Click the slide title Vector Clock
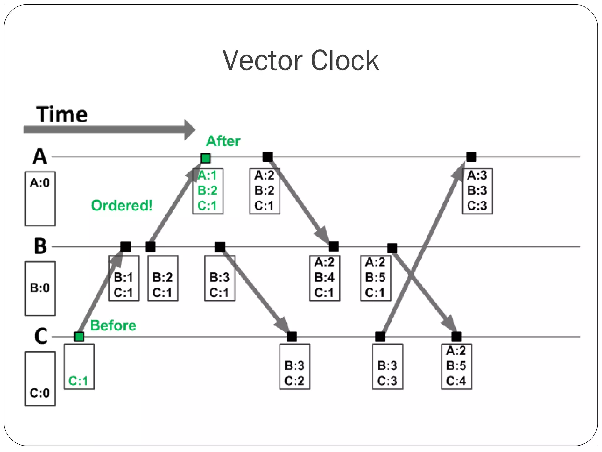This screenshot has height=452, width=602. tap(300, 61)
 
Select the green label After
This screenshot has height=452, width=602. tap(223, 141)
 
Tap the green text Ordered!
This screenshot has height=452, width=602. tap(122, 205)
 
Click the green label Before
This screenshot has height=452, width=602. tap(113, 325)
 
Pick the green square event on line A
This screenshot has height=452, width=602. tap(205, 158)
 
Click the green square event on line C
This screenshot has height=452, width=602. tap(79, 336)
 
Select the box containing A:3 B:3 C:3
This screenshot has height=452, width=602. tap(477, 191)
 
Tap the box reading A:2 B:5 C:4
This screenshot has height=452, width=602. tap(456, 366)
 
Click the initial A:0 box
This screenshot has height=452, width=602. tap(40, 198)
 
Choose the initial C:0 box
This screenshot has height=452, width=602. tap(40, 378)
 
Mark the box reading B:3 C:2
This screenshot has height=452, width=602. tap(295, 366)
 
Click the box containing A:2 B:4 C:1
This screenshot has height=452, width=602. tap(325, 278)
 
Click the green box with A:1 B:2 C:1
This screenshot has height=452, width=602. tap(208, 191)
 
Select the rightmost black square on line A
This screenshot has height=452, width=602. tap(471, 157)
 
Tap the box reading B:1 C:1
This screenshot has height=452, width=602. tap(124, 278)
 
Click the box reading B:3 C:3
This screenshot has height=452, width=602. tap(387, 366)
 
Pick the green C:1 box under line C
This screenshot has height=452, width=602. tap(79, 366)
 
